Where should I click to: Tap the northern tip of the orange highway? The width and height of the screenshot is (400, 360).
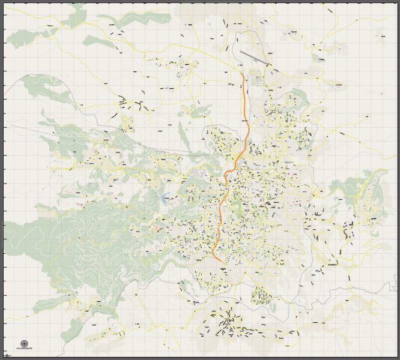point(243,74)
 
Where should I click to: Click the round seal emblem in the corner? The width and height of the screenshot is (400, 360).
point(25,344)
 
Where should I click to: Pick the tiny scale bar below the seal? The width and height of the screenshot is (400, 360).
point(25,353)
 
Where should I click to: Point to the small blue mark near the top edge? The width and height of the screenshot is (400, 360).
point(210,25)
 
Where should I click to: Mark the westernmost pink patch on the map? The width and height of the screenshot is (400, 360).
point(79,205)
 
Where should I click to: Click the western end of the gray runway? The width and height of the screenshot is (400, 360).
point(241,52)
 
